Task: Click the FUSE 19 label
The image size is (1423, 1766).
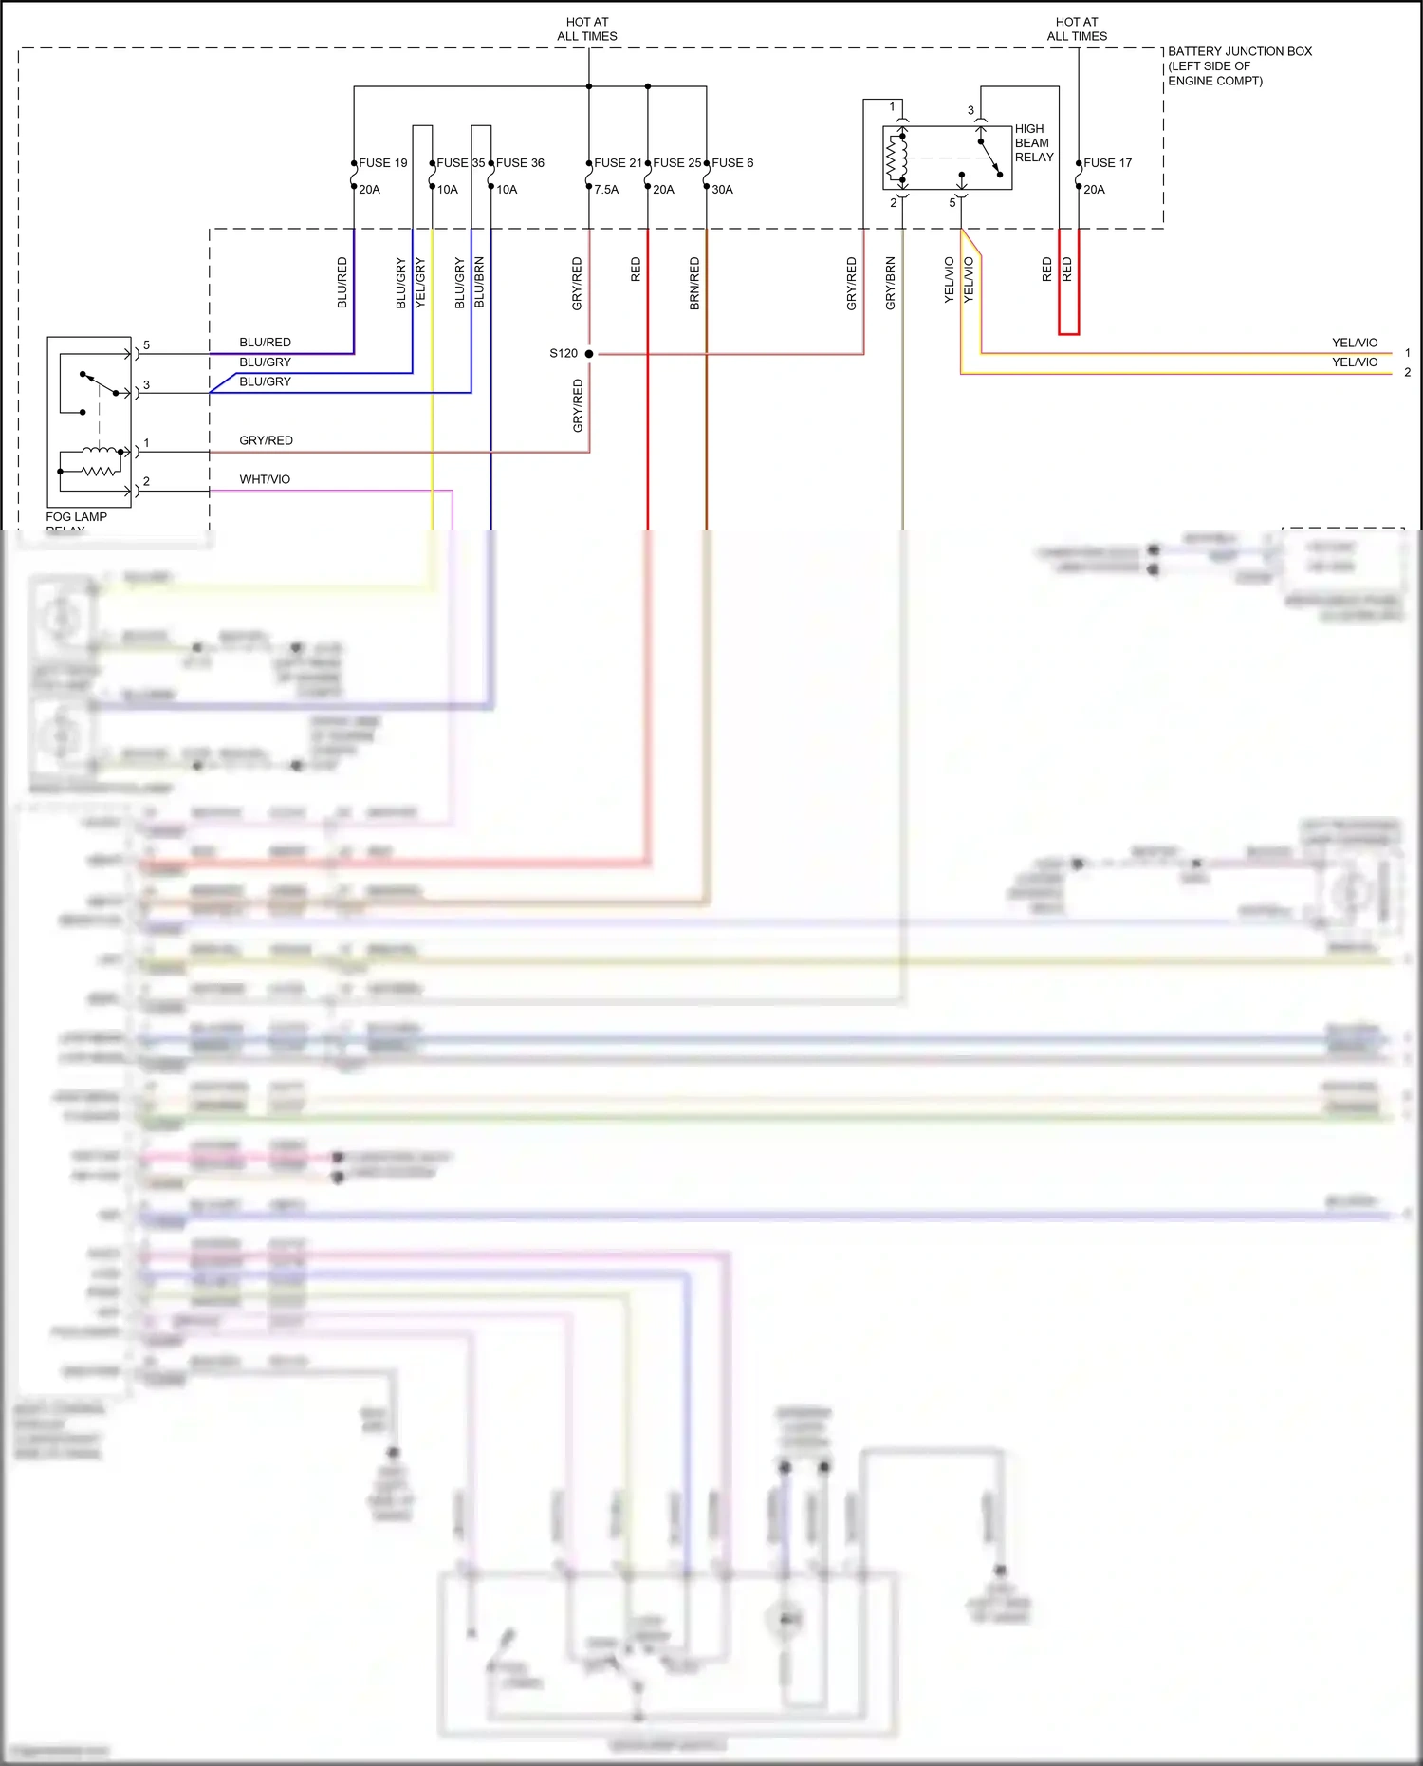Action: (x=382, y=163)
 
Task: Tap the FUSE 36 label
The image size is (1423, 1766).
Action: (x=520, y=163)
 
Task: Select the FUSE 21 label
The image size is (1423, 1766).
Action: (x=618, y=163)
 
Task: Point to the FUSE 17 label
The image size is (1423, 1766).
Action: (x=1107, y=163)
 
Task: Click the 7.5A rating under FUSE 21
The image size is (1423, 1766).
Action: (x=606, y=190)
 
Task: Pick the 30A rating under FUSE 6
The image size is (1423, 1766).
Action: (x=722, y=190)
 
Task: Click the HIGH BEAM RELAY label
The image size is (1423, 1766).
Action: (x=1033, y=143)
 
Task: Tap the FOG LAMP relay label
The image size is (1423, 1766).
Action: (x=76, y=517)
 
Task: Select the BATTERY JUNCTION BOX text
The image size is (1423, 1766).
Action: (x=1239, y=51)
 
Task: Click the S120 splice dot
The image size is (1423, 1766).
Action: (x=589, y=354)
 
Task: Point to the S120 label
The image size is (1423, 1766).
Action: (x=564, y=353)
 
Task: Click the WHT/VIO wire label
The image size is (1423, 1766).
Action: (x=265, y=479)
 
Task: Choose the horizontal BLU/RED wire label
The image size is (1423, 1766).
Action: (x=265, y=343)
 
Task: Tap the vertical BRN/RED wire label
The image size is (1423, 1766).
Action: (x=694, y=283)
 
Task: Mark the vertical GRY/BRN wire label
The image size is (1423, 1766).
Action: (x=890, y=283)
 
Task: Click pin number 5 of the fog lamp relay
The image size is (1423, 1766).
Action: (x=146, y=345)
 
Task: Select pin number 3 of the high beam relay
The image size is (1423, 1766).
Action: (x=970, y=110)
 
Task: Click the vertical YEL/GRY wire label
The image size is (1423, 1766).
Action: (x=420, y=283)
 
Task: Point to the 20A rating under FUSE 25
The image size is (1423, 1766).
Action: (x=663, y=190)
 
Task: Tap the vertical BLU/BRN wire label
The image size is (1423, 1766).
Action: (x=479, y=283)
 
